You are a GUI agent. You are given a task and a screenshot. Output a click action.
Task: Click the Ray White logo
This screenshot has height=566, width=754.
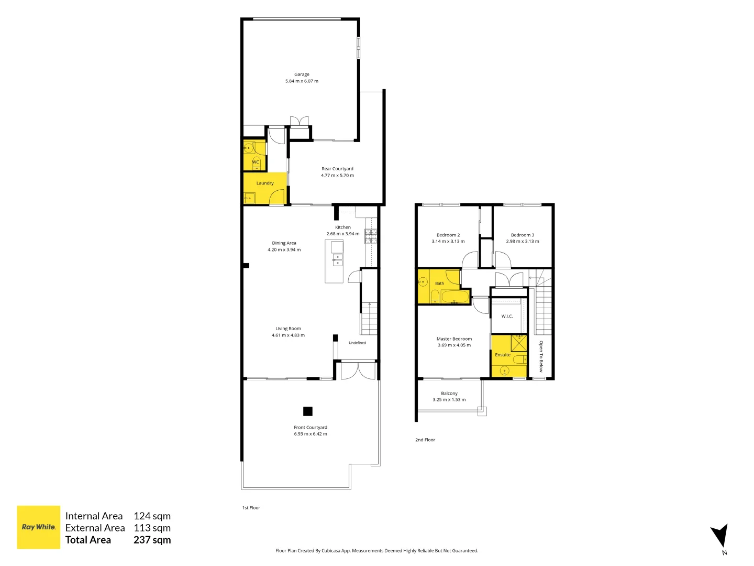point(38,527)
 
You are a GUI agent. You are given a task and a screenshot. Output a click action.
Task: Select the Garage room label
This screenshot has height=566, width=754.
point(302,74)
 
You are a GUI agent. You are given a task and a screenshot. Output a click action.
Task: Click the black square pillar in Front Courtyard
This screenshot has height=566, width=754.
point(308,411)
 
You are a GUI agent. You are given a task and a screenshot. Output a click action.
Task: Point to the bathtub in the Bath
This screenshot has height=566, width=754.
point(455,297)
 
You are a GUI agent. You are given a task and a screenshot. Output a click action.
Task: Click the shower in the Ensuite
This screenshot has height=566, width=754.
point(519,342)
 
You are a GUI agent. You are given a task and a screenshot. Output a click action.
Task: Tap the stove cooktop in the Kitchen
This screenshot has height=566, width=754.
point(371,236)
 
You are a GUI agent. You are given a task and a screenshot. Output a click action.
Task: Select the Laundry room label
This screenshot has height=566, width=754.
point(265,183)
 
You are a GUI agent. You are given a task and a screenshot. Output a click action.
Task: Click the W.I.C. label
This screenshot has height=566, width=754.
point(507,316)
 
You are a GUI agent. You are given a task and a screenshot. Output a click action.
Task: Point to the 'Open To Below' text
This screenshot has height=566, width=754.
point(541,356)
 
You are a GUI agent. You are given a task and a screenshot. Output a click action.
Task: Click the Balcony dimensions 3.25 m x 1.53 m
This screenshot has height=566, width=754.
point(449,400)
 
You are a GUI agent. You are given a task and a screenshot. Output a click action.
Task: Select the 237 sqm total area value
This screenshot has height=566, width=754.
point(152,540)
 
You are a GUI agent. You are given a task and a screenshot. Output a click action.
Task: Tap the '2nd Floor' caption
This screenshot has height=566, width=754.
point(425,440)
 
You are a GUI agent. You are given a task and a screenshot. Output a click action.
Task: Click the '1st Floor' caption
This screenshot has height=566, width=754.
point(251,508)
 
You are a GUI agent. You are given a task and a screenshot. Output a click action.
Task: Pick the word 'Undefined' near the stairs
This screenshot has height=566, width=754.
point(357,343)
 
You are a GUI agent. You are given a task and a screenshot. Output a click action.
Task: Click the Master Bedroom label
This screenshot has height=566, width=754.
point(454,339)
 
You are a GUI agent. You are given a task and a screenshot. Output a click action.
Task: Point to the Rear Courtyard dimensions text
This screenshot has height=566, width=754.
point(337,175)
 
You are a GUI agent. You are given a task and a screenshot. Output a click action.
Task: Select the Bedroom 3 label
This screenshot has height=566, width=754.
point(523,235)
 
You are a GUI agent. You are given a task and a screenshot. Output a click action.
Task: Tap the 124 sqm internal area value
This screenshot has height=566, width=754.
point(152,516)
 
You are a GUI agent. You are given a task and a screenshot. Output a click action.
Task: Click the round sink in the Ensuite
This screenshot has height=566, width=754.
point(504,371)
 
